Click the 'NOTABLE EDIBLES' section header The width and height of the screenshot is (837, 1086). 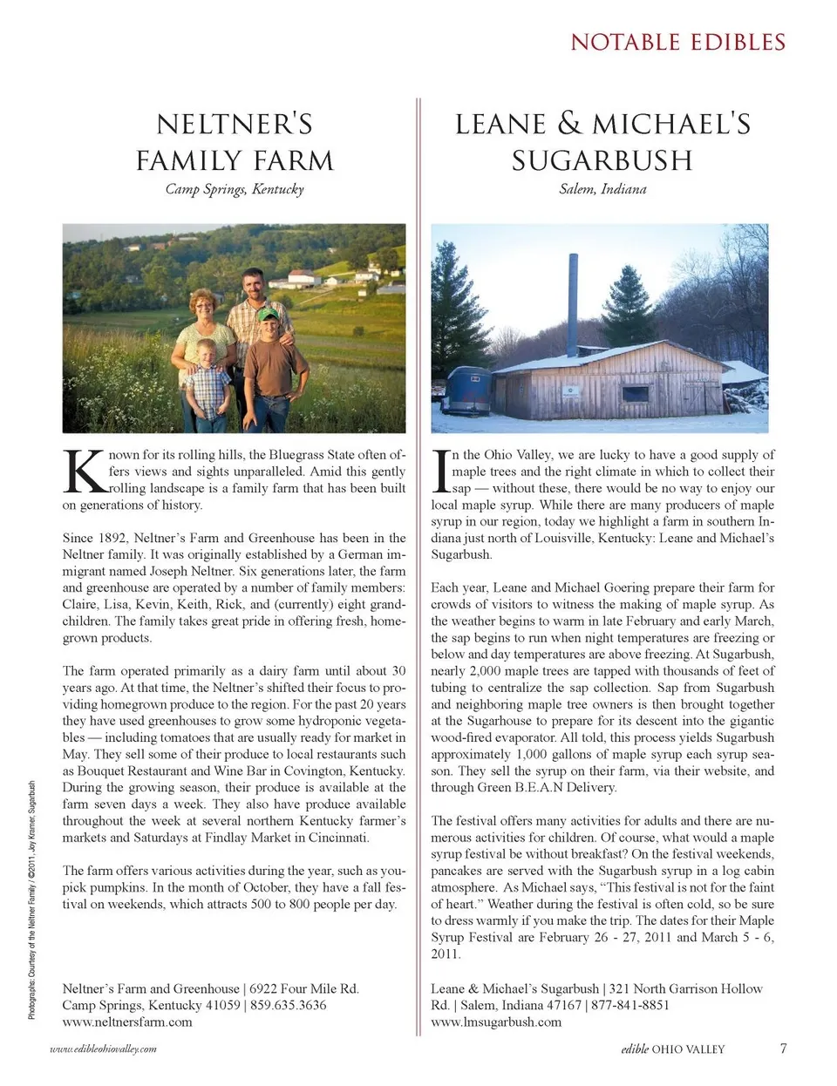(x=677, y=42)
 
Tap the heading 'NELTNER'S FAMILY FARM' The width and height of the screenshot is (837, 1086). (x=235, y=142)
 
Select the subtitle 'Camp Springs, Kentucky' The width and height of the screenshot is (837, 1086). (x=235, y=189)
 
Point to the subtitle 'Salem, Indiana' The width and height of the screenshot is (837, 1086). (x=602, y=189)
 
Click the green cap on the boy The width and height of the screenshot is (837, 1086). (x=269, y=314)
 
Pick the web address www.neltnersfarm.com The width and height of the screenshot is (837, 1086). (x=127, y=1022)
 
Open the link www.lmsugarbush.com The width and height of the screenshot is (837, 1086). (x=496, y=1022)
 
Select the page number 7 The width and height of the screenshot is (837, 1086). (x=783, y=1049)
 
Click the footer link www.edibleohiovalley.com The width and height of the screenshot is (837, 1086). (x=104, y=1049)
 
